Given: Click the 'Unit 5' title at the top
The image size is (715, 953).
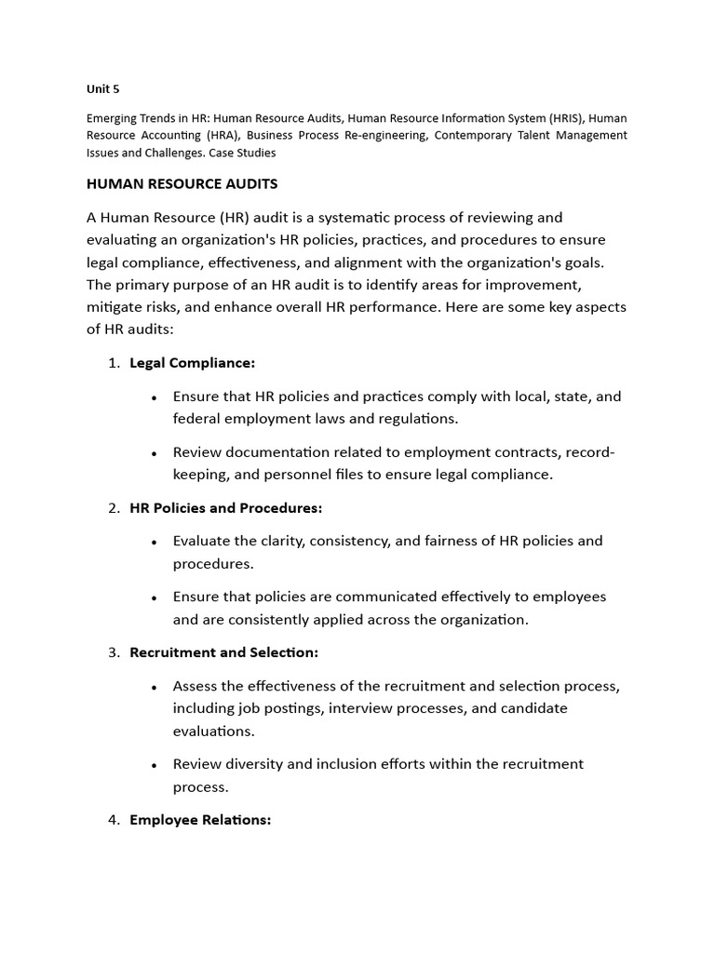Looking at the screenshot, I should [x=102, y=89].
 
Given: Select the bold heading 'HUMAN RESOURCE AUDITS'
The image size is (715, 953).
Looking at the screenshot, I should [x=182, y=184].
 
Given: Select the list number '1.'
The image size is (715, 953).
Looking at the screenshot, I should [x=114, y=363].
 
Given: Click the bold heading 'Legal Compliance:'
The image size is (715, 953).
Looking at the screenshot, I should [x=192, y=363].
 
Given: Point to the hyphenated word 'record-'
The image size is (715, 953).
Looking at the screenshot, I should [x=585, y=452].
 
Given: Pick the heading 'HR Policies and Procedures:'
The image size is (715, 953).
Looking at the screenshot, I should [x=226, y=508].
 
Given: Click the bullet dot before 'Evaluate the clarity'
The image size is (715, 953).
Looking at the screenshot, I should [x=154, y=542].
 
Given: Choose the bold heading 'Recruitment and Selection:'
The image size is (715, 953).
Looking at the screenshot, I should [x=223, y=652].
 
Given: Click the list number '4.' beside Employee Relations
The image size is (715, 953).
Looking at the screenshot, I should [x=114, y=820].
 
